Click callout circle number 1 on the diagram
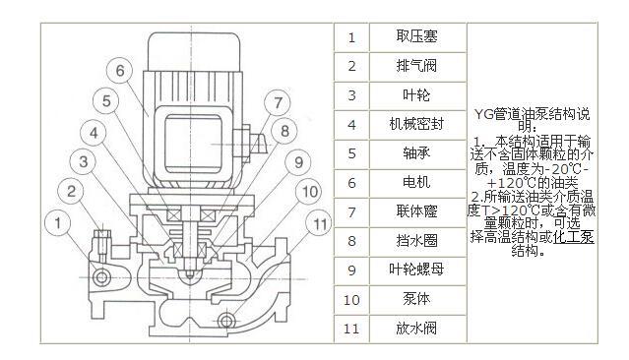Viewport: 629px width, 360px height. [x=60, y=224]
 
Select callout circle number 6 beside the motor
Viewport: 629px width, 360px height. [x=118, y=71]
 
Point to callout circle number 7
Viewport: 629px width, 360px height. [x=277, y=101]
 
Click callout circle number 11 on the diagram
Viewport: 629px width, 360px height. [x=320, y=224]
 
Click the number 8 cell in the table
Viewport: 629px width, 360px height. [x=351, y=241]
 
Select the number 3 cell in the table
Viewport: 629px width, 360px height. [x=351, y=95]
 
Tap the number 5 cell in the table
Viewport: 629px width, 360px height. [x=351, y=153]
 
